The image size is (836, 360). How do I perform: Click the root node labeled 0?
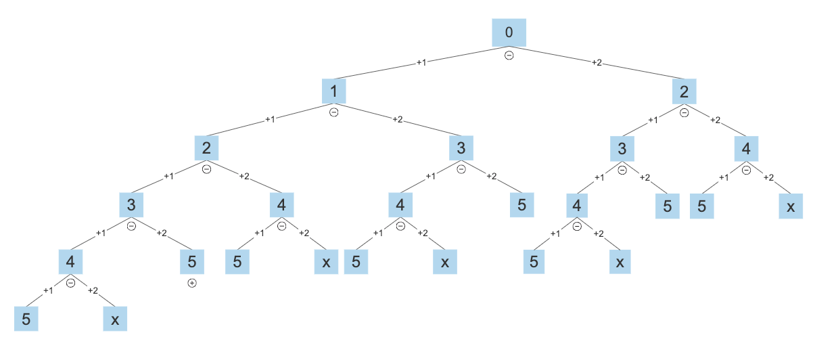[509, 32]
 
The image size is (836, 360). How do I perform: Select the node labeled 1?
[333, 90]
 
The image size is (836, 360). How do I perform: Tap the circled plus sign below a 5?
[191, 283]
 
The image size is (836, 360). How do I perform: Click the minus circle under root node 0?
[509, 55]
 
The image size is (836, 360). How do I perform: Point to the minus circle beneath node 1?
[333, 112]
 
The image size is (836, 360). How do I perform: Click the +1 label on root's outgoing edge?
[421, 62]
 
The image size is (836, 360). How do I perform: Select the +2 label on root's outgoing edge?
[597, 62]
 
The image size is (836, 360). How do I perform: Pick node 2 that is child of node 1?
[206, 148]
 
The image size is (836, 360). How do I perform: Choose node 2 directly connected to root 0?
[684, 90]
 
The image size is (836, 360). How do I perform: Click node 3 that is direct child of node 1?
[461, 148]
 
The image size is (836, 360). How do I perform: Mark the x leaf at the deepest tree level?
[115, 319]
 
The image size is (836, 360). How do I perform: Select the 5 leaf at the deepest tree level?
[26, 319]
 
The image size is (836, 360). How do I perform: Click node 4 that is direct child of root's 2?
[746, 148]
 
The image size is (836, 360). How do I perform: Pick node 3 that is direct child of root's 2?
[622, 148]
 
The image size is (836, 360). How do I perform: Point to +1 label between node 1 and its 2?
[270, 120]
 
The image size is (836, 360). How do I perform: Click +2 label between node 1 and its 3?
[398, 120]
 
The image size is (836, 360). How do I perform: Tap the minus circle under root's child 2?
[684, 112]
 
